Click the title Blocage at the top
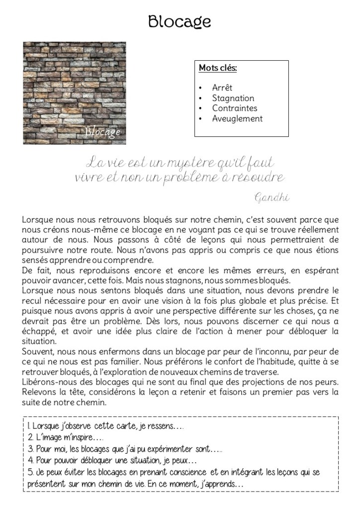pyautogui.click(x=180, y=21)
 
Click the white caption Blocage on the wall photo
pyautogui.click(x=102, y=132)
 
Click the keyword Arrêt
pyautogui.click(x=222, y=88)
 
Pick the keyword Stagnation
pyautogui.click(x=233, y=99)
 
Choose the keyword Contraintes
pyautogui.click(x=234, y=108)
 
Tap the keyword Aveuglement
pyautogui.click(x=237, y=119)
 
